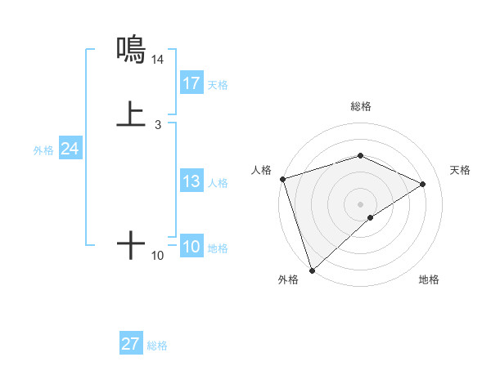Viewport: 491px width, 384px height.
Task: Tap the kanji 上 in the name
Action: coord(131,114)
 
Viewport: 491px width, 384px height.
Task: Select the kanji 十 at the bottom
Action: coord(131,244)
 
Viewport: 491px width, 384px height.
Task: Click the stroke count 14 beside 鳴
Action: coord(157,60)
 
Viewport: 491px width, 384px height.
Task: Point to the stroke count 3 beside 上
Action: coord(157,125)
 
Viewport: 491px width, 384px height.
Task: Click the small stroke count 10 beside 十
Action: coord(157,256)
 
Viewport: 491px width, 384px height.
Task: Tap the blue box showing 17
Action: coord(191,83)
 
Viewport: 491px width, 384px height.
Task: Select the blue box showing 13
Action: coord(191,181)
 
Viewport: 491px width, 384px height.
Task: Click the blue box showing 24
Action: coord(70,149)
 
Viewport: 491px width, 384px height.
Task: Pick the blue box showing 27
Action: coord(131,344)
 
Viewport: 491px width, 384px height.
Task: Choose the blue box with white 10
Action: coord(191,247)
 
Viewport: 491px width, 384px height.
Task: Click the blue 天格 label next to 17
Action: coord(218,85)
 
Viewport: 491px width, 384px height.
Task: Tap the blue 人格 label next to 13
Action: coord(218,183)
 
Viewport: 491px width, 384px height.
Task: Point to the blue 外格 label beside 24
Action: coord(43,150)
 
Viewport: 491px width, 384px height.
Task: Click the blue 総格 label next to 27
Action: coord(157,346)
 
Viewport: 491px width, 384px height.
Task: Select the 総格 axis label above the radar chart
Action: coord(360,106)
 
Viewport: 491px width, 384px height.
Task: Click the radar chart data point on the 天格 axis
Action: coord(423,184)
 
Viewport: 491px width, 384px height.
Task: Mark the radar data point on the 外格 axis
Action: coord(312,270)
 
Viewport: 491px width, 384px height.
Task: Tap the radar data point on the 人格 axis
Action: coord(282,179)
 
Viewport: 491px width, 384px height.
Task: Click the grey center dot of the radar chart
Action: coord(360,203)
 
